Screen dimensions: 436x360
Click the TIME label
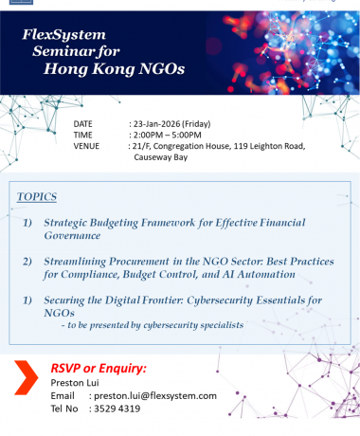84,136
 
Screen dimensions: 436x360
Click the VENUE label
88,147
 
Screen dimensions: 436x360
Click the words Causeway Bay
163,158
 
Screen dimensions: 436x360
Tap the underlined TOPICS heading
37,196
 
